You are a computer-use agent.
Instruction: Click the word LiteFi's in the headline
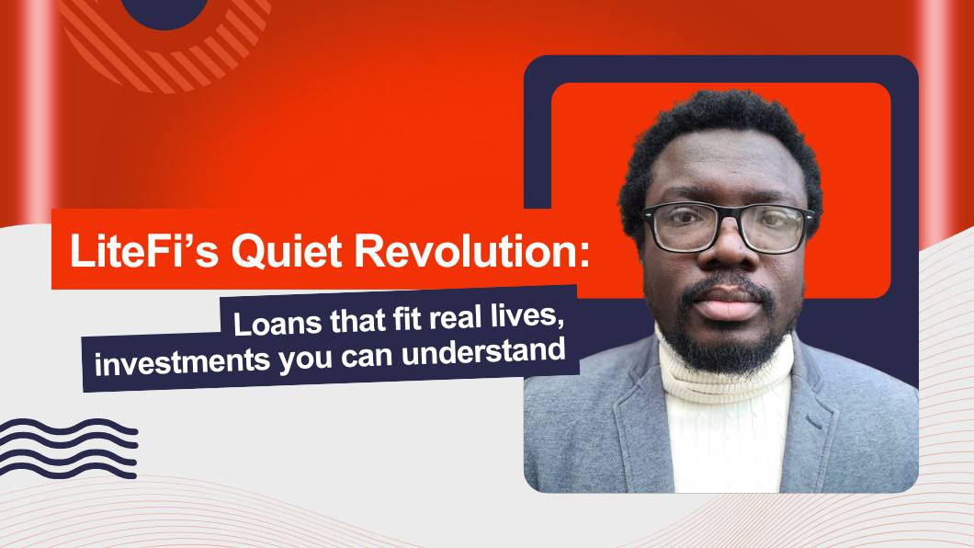pyautogui.click(x=144, y=250)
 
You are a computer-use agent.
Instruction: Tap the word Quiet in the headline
pyautogui.click(x=286, y=252)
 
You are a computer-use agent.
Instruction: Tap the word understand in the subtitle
pyautogui.click(x=483, y=351)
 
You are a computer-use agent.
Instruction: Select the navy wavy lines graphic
pyautogui.click(x=68, y=449)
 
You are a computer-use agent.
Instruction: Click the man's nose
pyautogui.click(x=725, y=248)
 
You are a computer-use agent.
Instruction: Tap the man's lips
pyautogui.click(x=726, y=302)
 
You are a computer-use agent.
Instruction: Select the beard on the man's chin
pyautogui.click(x=727, y=345)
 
